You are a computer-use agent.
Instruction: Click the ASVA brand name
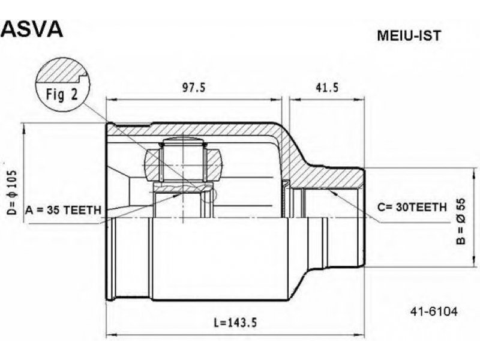[x=32, y=29]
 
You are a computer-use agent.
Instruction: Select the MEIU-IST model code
[x=409, y=36]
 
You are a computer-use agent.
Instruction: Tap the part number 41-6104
[x=434, y=311]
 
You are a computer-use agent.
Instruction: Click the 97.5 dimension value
[x=193, y=88]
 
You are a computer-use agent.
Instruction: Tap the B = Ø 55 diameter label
[x=461, y=221]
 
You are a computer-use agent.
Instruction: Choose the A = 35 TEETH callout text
[x=63, y=210]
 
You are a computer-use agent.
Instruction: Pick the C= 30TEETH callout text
[x=412, y=208]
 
